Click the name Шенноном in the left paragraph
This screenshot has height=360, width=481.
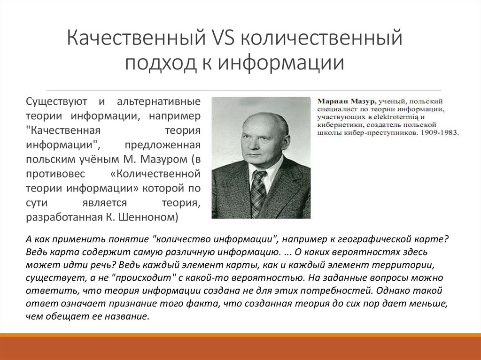point(152,217)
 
